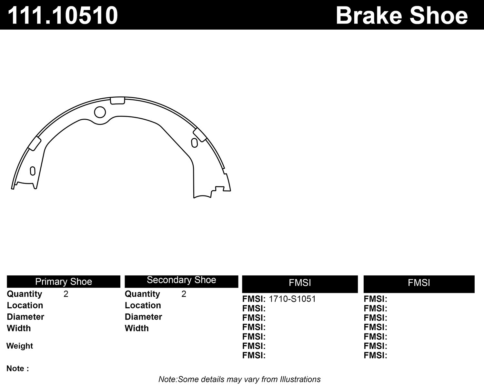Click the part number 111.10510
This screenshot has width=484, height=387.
(x=63, y=15)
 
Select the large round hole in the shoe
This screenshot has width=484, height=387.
(x=100, y=112)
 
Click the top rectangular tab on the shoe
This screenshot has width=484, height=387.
(x=117, y=101)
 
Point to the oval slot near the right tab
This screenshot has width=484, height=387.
(x=194, y=143)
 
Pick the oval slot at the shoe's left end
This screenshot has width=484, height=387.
(x=33, y=171)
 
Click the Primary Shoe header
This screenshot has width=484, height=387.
(x=64, y=282)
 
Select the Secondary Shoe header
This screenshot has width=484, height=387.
(x=181, y=280)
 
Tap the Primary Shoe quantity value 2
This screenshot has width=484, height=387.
(x=66, y=294)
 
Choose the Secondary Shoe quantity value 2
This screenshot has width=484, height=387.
(x=184, y=294)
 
